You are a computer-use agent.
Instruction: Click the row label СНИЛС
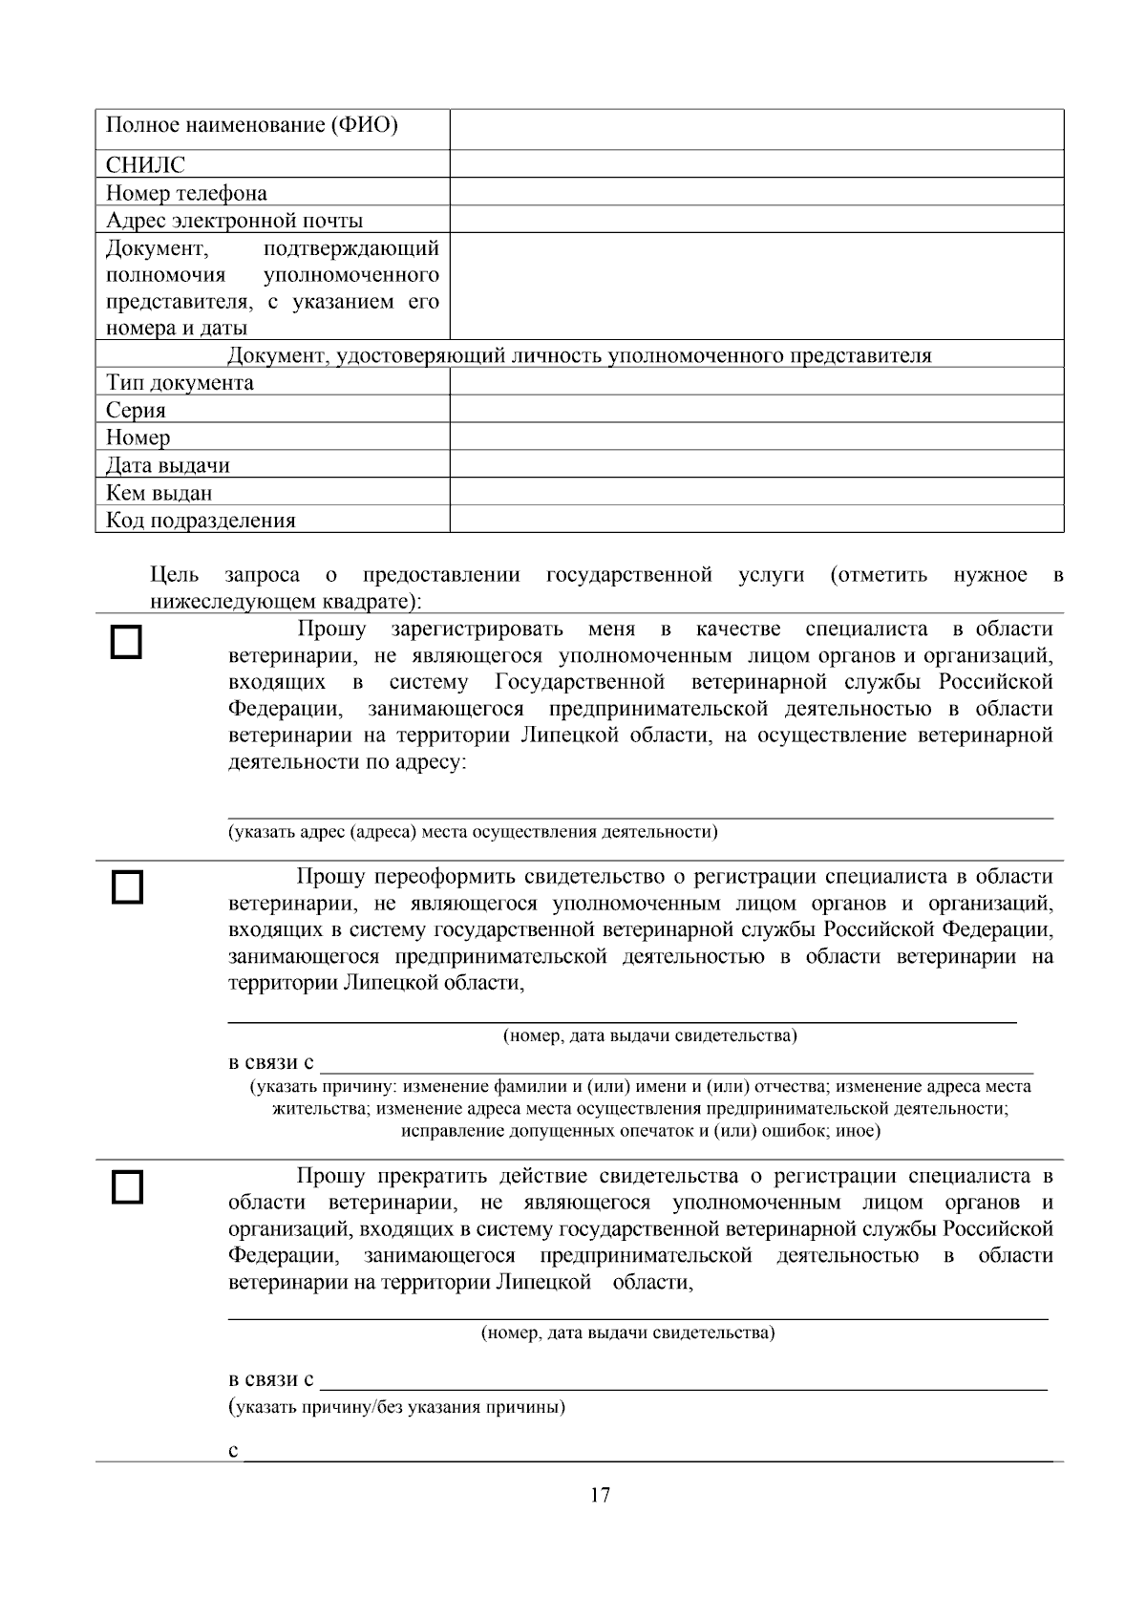[x=145, y=165]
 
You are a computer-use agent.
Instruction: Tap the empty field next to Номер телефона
[x=756, y=192]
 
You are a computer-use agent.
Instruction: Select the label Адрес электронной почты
[x=234, y=221]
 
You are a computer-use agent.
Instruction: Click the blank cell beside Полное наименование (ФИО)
[x=756, y=129]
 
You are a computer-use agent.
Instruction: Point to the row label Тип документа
[x=180, y=383]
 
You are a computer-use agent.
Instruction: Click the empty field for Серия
[x=756, y=410]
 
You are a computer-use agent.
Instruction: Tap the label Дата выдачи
[x=168, y=466]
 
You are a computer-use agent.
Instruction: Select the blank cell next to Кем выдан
[x=756, y=493]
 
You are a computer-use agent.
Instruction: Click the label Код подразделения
[x=201, y=521]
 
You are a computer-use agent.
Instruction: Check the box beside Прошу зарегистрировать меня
[x=127, y=642]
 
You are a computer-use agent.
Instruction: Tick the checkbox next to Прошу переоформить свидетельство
[x=127, y=886]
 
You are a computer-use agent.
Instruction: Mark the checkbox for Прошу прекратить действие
[x=127, y=1187]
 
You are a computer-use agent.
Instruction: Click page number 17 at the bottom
[x=600, y=1496]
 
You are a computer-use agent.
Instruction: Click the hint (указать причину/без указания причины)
[x=396, y=1407]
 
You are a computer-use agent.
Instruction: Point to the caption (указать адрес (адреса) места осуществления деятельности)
[x=473, y=831]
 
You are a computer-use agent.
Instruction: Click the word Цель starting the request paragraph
[x=175, y=575]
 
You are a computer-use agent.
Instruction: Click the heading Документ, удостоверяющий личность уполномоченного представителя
[x=579, y=356]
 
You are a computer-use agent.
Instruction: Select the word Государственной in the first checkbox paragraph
[x=580, y=682]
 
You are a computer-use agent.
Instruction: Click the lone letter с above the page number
[x=234, y=1451]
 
